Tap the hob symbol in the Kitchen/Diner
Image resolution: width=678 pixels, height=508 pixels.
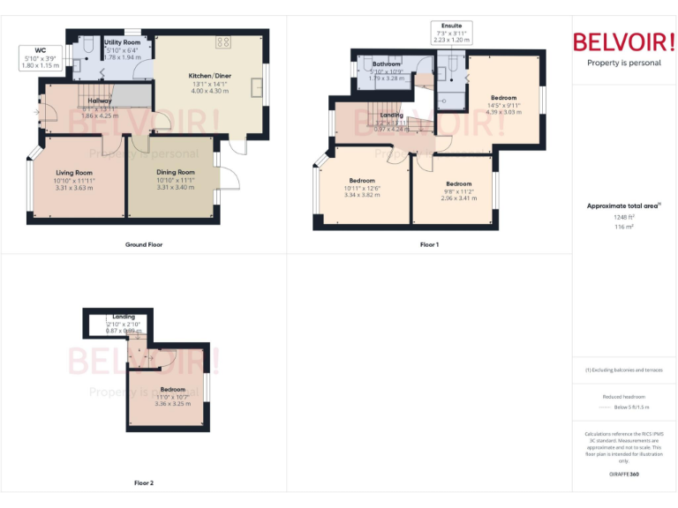(223, 42)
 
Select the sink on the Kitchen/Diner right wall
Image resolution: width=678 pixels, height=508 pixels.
(257, 87)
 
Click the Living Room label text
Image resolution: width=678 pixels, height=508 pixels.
(74, 173)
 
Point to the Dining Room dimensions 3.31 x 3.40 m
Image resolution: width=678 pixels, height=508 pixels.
(175, 187)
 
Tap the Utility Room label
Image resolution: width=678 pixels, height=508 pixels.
(122, 42)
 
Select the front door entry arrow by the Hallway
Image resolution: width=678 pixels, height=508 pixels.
(37, 112)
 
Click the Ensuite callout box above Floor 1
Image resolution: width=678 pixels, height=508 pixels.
(451, 33)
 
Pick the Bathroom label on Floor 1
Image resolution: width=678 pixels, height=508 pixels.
(387, 64)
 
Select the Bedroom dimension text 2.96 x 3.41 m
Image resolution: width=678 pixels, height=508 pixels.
(458, 198)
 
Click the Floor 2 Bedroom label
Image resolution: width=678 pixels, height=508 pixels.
(172, 389)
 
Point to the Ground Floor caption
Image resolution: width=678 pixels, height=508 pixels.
(143, 244)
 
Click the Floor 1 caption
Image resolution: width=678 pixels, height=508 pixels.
(429, 244)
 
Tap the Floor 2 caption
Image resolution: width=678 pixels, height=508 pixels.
(143, 483)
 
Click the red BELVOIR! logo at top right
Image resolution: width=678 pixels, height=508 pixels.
(624, 41)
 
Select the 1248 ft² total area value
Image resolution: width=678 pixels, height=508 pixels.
(624, 216)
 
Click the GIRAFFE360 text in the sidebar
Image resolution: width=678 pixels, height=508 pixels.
(624, 474)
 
